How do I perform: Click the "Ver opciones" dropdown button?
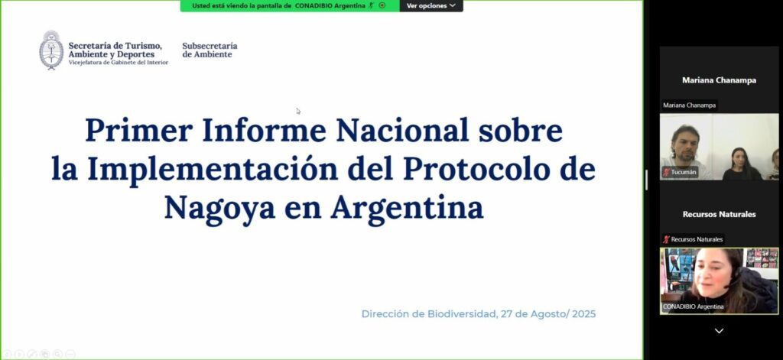click(x=431, y=5)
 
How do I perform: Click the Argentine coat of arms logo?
click(x=51, y=50)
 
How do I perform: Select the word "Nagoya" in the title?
click(x=219, y=208)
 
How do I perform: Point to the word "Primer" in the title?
click(x=139, y=131)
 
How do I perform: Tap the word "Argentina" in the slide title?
click(x=407, y=208)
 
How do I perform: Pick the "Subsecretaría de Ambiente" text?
click(x=210, y=50)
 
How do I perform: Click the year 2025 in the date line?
click(x=583, y=314)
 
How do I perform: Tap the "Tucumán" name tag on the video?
click(x=680, y=172)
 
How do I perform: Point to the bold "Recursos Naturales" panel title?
click(x=719, y=214)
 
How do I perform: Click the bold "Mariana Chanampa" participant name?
click(x=719, y=80)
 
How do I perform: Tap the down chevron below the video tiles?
click(x=719, y=330)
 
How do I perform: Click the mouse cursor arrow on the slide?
click(x=298, y=111)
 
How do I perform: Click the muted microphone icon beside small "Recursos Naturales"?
click(x=666, y=239)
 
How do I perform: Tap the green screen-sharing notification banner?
click(x=290, y=5)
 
